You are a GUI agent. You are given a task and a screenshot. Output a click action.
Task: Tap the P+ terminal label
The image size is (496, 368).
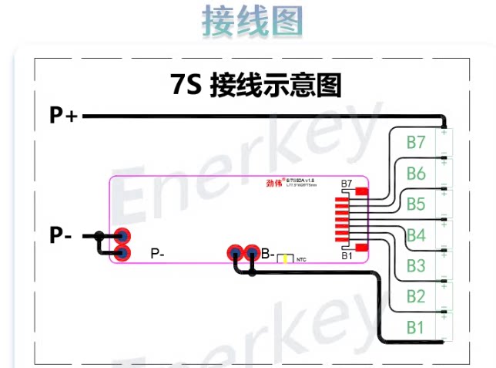pos(63,116)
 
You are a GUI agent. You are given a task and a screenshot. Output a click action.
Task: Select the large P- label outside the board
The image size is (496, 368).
pos(61,235)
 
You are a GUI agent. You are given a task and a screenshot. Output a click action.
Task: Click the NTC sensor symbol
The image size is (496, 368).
pos(287,258)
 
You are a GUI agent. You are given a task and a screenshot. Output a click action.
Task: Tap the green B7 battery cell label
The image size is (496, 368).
pos(416,143)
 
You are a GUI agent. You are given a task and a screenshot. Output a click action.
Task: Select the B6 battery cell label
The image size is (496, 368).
pos(416,174)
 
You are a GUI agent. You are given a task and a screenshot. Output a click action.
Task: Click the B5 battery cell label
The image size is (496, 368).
pos(416,204)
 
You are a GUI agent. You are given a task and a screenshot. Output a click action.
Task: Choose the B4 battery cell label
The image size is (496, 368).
pos(416,235)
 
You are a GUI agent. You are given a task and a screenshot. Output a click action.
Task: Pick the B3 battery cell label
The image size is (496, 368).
pos(416,265)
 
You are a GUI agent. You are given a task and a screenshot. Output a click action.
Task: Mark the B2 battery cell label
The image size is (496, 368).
pos(416,296)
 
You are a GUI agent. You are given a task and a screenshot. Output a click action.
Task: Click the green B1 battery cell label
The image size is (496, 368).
pos(416,327)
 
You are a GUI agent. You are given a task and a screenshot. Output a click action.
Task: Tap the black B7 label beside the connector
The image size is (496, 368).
pos(347,184)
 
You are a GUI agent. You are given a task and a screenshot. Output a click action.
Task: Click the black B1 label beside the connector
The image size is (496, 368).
pos(347,255)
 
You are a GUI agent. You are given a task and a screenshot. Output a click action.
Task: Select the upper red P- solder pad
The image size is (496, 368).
pos(122,236)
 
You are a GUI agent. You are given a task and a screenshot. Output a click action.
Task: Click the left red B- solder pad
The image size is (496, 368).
pos(234,252)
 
